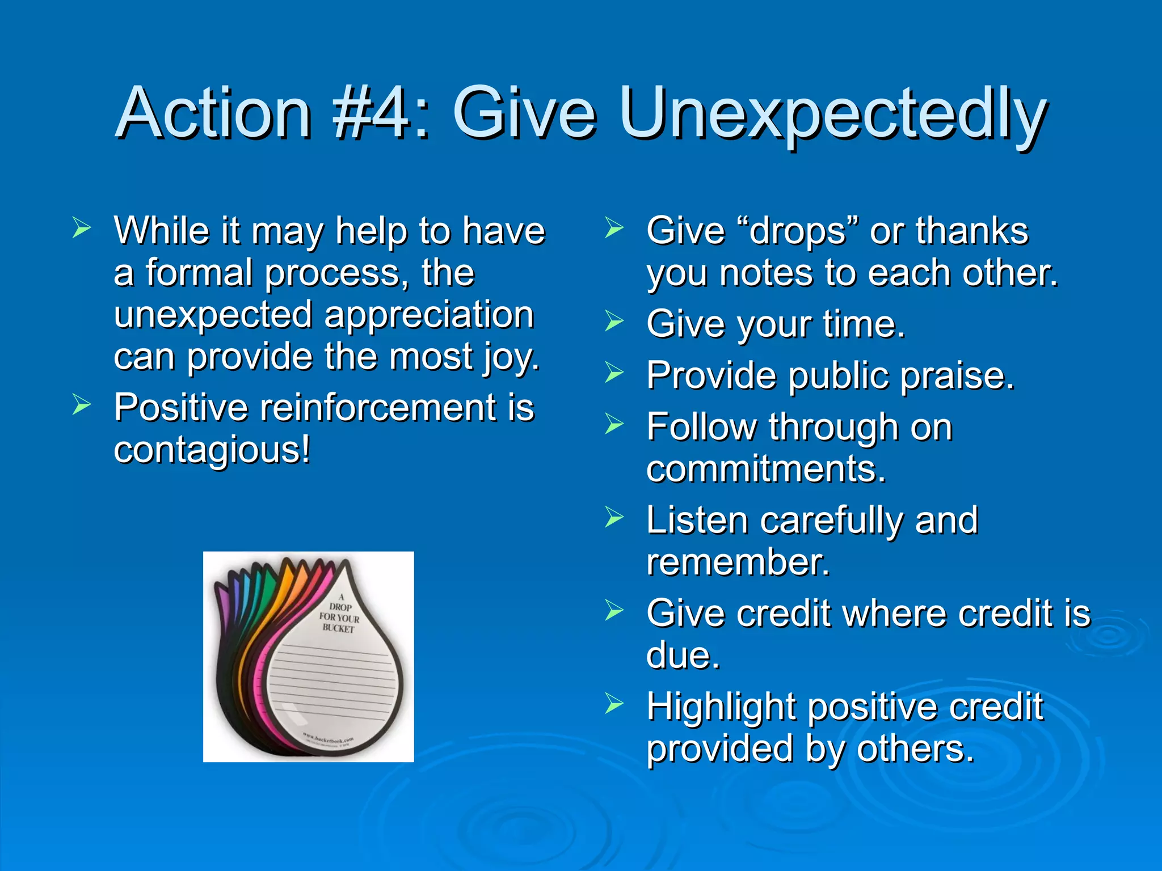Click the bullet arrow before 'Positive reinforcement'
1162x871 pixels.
pos(82,404)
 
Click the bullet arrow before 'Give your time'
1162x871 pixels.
pos(614,321)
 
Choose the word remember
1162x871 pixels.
pos(738,563)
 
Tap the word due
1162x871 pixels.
pos(683,656)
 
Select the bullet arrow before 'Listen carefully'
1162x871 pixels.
pos(614,517)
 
